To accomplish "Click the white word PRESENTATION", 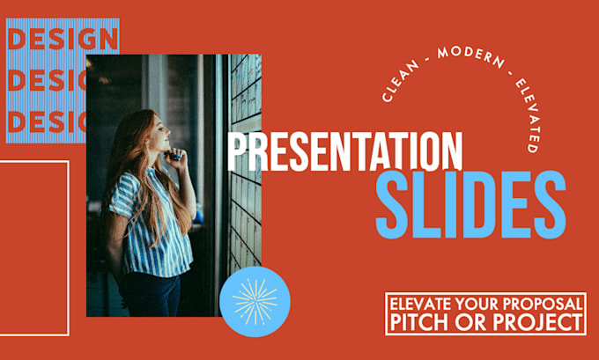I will point(345,151).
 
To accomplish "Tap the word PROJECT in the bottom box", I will point(542,322).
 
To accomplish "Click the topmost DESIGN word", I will point(62,40).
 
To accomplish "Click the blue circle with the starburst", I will point(255,301).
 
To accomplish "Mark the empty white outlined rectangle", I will point(34,247).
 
